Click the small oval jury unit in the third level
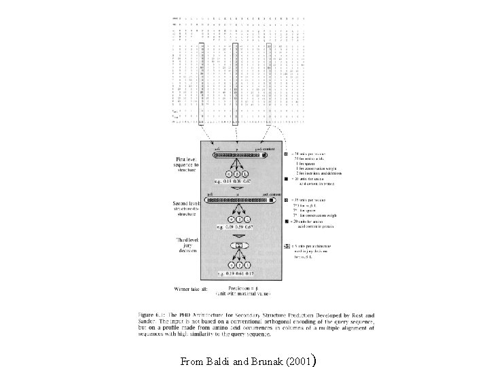[240, 244]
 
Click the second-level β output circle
[240, 220]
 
